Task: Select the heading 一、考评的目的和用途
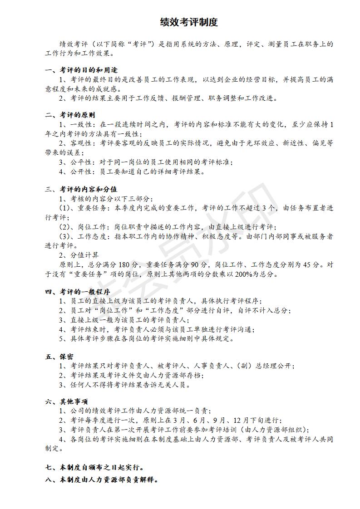coord(82,70)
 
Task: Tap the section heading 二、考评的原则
coord(70,115)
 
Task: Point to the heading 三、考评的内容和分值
coord(82,189)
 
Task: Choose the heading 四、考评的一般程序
coord(78,292)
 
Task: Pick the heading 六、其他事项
coord(67,401)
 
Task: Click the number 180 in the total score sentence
coord(124,264)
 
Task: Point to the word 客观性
coord(82,143)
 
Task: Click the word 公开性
coord(82,171)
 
